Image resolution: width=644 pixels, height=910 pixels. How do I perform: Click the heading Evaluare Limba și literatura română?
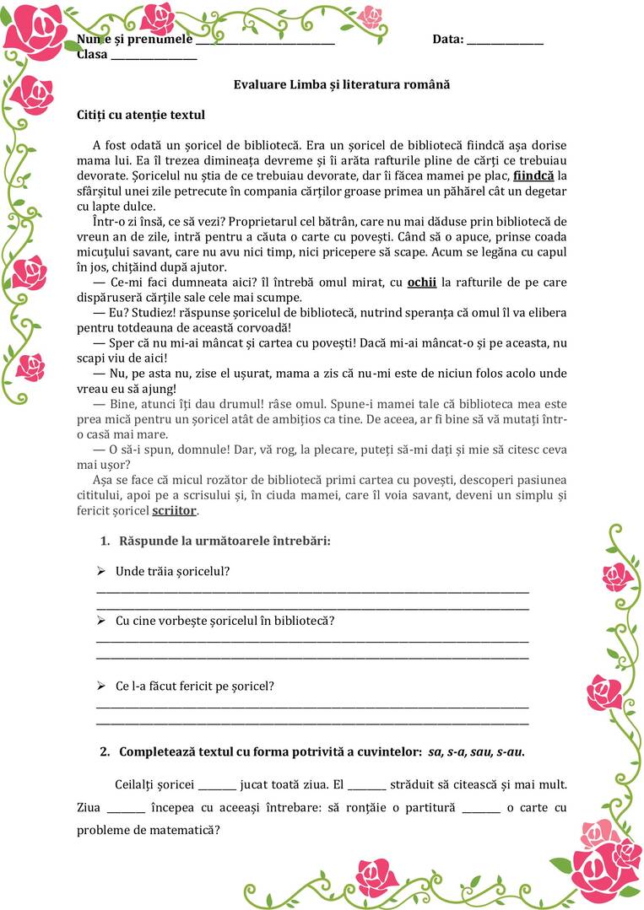pos(341,85)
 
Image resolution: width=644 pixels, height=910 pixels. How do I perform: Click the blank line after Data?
pos(505,42)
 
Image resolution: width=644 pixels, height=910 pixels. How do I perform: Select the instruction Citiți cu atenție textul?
pos(140,115)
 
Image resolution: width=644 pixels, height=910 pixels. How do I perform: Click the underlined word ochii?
pos(421,283)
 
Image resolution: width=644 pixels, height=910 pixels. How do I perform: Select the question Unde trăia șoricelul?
pos(172,572)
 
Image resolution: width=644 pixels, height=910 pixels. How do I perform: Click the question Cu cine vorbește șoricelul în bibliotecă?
pos(225,621)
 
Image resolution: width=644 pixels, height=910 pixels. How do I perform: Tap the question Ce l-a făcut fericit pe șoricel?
pos(194,687)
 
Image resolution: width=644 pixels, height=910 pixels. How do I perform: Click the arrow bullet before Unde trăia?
pos(101,572)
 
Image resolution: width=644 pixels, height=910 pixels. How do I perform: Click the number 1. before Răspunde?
pos(106,541)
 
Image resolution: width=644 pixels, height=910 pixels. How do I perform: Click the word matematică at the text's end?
pos(183,830)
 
